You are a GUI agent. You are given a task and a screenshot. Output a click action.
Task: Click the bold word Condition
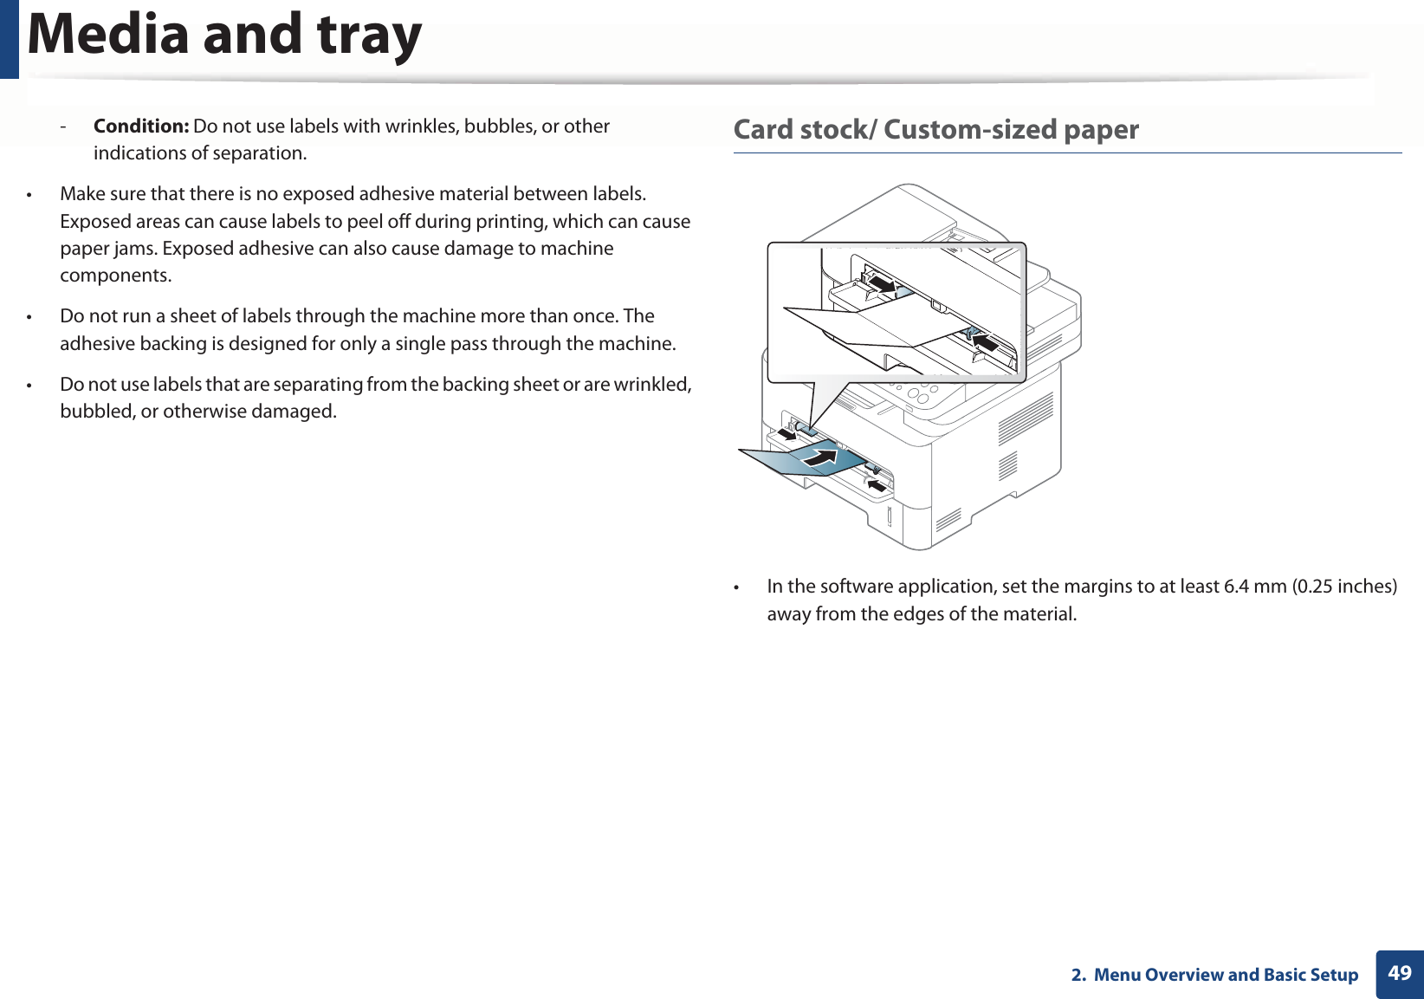coord(140,126)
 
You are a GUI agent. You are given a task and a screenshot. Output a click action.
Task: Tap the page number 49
coord(1399,973)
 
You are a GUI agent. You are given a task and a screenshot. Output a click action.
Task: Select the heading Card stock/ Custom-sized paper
coord(935,130)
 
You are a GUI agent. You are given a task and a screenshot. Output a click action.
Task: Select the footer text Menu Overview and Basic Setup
coord(1226,975)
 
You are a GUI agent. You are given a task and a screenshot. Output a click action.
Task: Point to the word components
coord(115,276)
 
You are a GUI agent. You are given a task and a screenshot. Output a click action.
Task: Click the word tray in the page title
coord(368,35)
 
